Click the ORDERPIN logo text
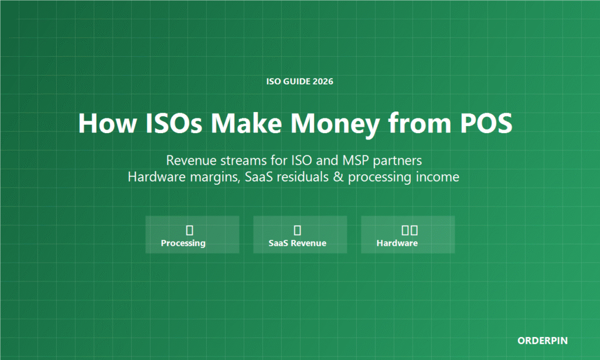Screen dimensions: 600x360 (x=542, y=341)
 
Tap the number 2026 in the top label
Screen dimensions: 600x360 (x=323, y=81)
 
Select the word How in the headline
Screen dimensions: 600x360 (x=107, y=123)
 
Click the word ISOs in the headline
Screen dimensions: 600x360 (x=173, y=123)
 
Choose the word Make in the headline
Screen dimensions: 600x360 (x=246, y=123)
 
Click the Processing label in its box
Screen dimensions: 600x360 (x=183, y=243)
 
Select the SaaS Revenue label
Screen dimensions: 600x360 (x=297, y=243)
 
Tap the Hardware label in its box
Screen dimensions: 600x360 (x=397, y=243)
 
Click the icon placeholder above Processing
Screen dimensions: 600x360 (x=189, y=230)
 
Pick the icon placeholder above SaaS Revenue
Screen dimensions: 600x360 (x=297, y=230)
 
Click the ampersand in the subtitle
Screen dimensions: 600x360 (x=338, y=177)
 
